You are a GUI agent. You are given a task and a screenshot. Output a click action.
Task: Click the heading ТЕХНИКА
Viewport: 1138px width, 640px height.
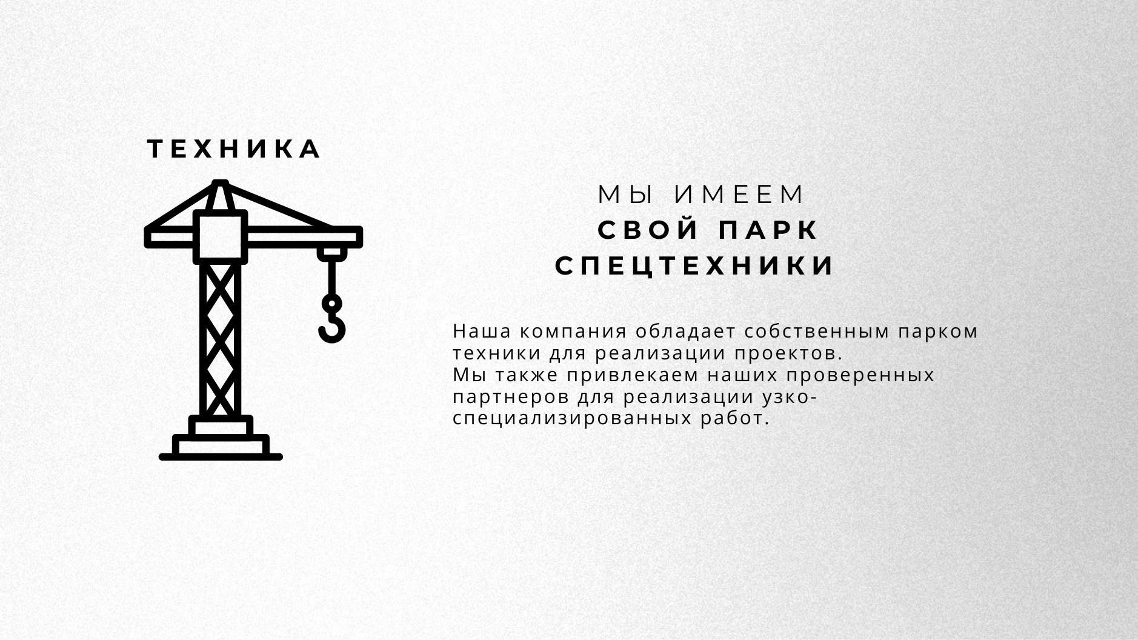[235, 149]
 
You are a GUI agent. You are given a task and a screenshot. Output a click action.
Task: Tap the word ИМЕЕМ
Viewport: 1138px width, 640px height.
[739, 195]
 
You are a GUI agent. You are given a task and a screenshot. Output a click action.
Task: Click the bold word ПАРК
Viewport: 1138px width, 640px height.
[768, 231]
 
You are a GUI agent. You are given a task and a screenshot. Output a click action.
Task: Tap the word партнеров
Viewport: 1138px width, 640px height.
[511, 398]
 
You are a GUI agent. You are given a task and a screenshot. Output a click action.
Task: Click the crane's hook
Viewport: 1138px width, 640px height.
[331, 321]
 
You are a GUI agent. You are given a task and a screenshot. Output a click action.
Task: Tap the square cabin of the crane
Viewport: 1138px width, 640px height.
[221, 237]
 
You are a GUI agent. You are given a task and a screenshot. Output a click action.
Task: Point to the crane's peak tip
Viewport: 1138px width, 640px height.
[221, 182]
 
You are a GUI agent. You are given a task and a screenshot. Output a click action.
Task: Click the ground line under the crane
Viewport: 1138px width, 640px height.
[221, 457]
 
